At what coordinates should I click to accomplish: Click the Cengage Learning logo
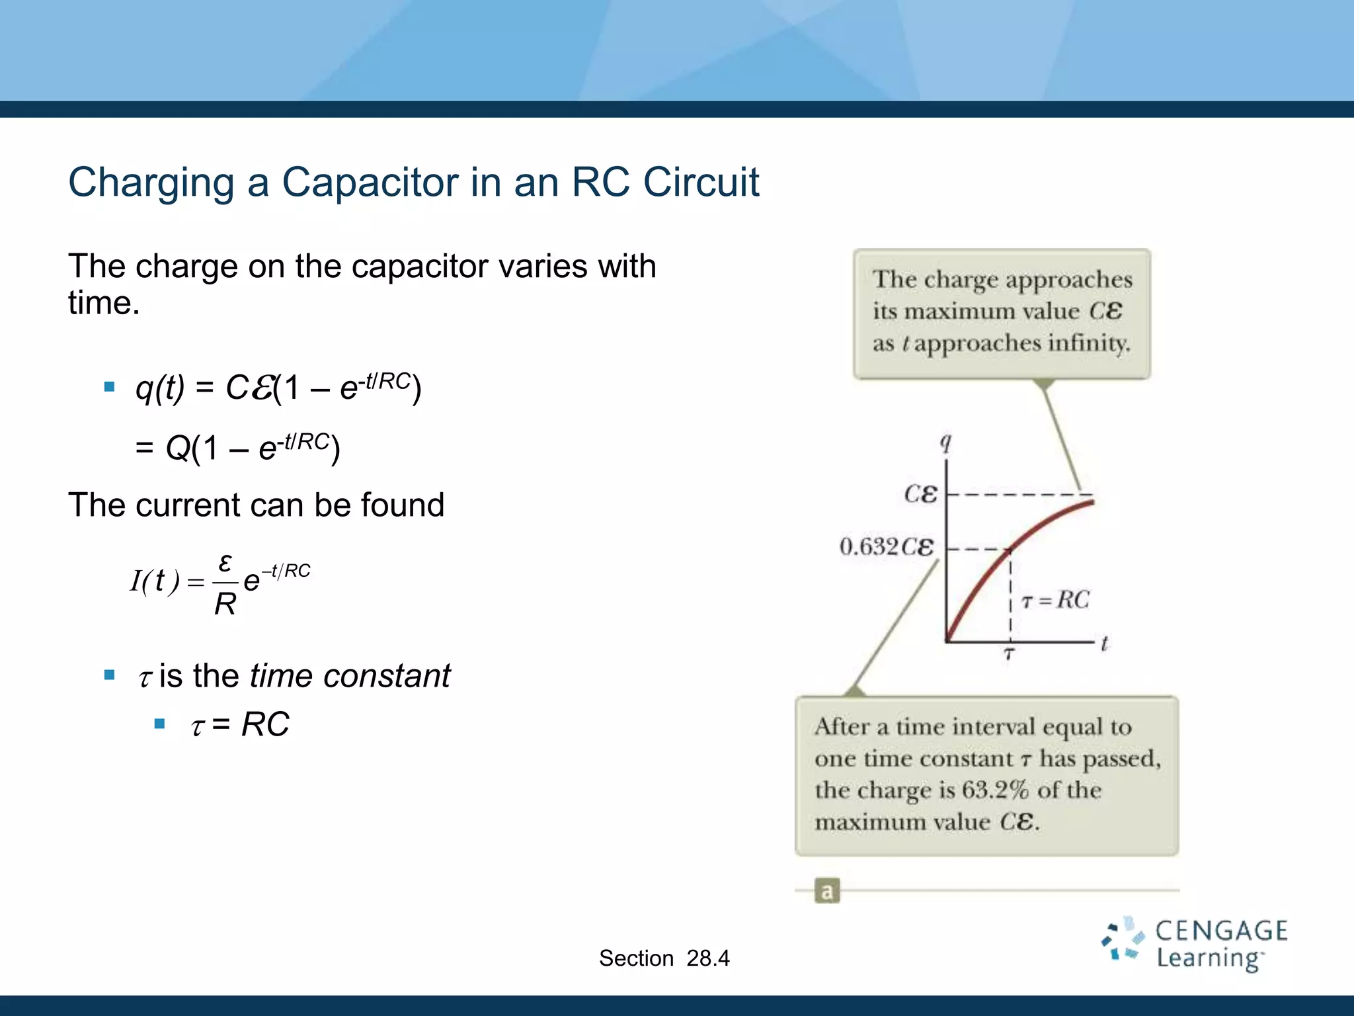tap(1194, 945)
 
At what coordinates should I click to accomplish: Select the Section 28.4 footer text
tap(664, 958)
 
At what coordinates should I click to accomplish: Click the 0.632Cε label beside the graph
tap(887, 547)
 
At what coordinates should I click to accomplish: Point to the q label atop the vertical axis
tap(946, 442)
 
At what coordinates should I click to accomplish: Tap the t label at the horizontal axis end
tap(1104, 643)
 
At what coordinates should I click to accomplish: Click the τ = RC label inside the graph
tap(1055, 600)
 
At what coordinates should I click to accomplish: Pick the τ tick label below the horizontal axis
tap(1009, 655)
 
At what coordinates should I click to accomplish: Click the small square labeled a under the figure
tap(826, 891)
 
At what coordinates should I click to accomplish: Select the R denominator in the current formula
tap(225, 604)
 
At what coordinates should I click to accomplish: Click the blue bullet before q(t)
tap(110, 386)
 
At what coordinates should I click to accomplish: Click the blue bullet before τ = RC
tap(159, 724)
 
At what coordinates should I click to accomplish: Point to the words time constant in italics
tap(350, 676)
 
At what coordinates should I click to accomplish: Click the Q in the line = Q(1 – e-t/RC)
tap(177, 449)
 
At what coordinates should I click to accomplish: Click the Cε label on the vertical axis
tap(920, 494)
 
